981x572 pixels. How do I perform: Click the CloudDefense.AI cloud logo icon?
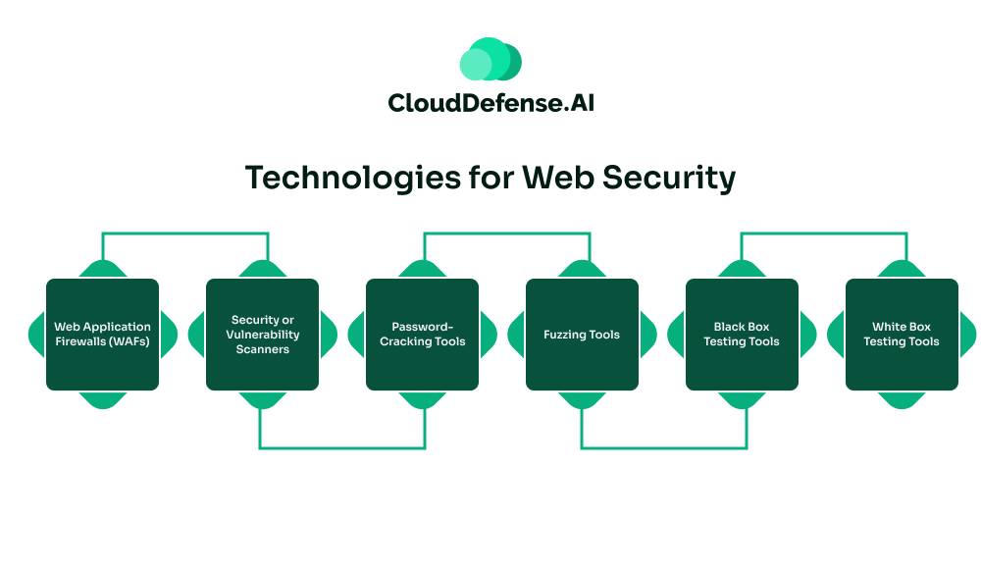pyautogui.click(x=490, y=60)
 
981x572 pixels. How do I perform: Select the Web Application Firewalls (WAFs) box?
pyautogui.click(x=102, y=335)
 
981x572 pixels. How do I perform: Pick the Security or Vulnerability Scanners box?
pyautogui.click(x=262, y=335)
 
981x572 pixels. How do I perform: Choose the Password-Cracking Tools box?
pyautogui.click(x=422, y=335)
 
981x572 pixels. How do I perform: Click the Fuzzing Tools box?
pyautogui.click(x=582, y=335)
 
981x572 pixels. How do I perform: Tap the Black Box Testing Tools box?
pyautogui.click(x=742, y=335)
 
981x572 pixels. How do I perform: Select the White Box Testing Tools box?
pyautogui.click(x=902, y=335)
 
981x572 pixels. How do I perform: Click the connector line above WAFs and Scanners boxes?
pyautogui.click(x=185, y=234)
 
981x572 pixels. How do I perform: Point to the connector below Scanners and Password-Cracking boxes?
pyautogui.click(x=342, y=448)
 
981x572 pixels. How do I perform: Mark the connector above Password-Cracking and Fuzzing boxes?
pyautogui.click(x=506, y=234)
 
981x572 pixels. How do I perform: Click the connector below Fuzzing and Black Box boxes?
pyautogui.click(x=664, y=448)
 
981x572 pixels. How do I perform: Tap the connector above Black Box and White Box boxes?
pyautogui.click(x=823, y=234)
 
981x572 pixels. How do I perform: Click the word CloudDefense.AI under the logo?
pyautogui.click(x=490, y=102)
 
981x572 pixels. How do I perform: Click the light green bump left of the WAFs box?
pyautogui.click(x=36, y=335)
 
